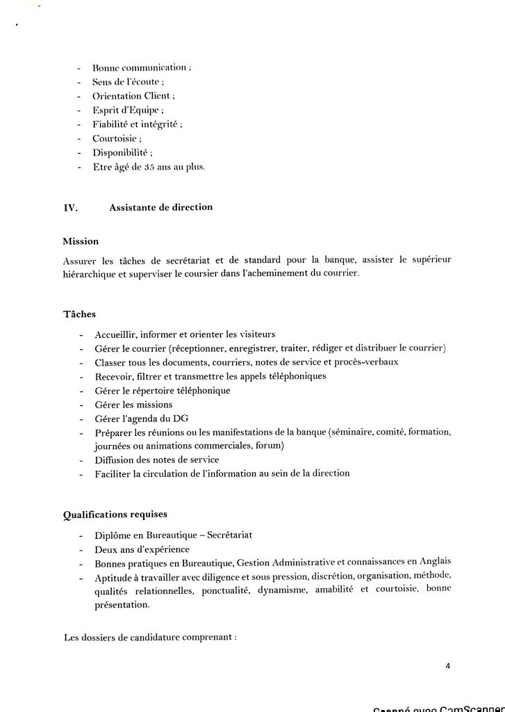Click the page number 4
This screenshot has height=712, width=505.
[x=448, y=665]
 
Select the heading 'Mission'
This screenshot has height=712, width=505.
[x=81, y=241]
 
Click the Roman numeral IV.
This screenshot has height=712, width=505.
[x=70, y=207]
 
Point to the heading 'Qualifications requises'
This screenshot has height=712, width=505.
[x=115, y=515]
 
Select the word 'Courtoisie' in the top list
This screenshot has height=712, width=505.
[x=117, y=138]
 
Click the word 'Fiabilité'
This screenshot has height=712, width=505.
[x=113, y=124]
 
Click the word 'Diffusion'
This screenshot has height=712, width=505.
[x=116, y=460]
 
